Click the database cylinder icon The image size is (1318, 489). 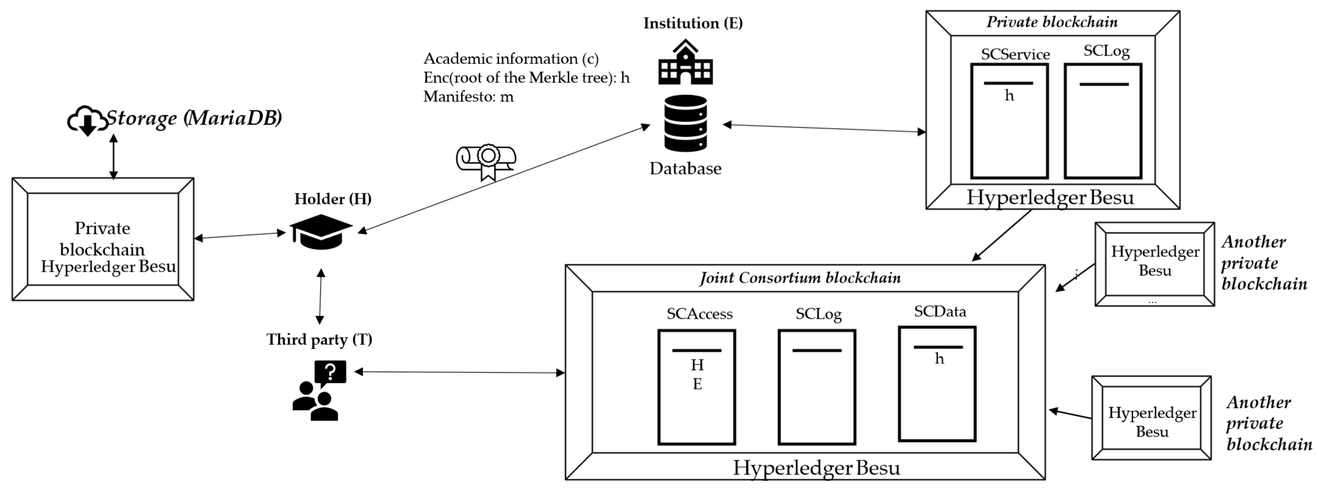[x=685, y=123]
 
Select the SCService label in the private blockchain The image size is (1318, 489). [x=1015, y=54]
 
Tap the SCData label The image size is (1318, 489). [x=940, y=312]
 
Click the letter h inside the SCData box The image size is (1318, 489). [x=939, y=359]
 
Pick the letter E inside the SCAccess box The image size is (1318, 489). [x=697, y=384]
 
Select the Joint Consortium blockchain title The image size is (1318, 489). [x=800, y=278]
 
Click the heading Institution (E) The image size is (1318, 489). [x=693, y=23]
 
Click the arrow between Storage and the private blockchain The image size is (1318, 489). [x=113, y=156]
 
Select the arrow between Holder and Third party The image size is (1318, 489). [x=320, y=296]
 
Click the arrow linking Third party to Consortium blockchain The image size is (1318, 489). [x=459, y=372]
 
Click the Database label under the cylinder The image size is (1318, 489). [x=685, y=168]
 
